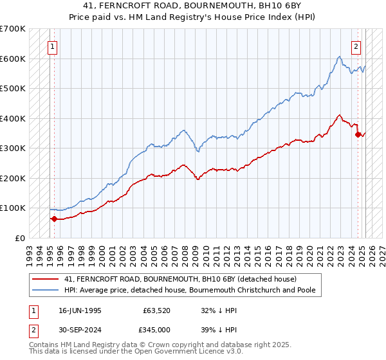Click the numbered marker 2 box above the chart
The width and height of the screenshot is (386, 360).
[356, 46]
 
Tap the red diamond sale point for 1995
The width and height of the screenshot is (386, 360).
[54, 219]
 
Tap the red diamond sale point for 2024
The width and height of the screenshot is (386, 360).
[358, 134]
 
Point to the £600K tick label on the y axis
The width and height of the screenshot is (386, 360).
[13, 59]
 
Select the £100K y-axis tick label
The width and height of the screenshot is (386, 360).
[13, 208]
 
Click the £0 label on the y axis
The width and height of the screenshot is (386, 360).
[20, 238]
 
